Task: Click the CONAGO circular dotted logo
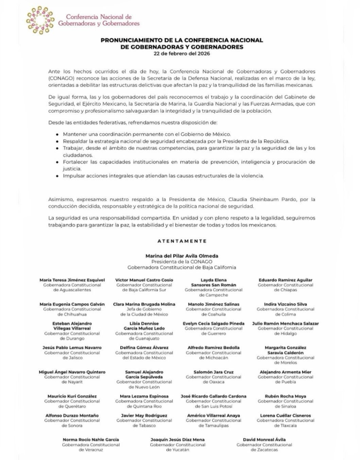[40, 20]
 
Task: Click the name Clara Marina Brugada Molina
[143, 303]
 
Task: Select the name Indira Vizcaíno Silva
[285, 303]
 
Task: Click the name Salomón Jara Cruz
[213, 372]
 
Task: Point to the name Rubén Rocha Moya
[285, 396]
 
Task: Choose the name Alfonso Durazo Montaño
[72, 415]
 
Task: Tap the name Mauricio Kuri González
[72, 396]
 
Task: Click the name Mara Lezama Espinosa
[143, 396]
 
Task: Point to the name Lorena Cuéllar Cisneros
[285, 415]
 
